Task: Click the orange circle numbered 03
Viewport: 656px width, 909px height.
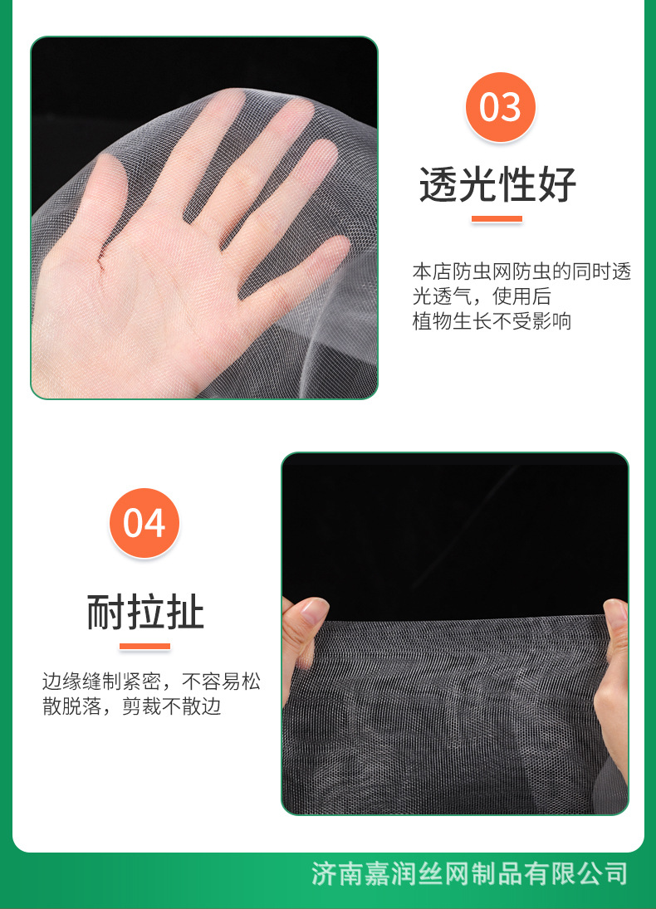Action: click(x=500, y=107)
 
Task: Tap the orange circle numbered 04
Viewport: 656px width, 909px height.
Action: click(x=144, y=523)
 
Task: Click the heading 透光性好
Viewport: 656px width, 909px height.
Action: click(x=497, y=183)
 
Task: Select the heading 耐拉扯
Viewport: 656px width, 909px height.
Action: click(x=145, y=613)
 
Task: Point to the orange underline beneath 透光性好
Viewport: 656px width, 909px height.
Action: click(x=497, y=219)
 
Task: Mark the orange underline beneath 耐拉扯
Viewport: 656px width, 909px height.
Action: click(x=144, y=646)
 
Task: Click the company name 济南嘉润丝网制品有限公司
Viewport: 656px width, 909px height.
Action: click(x=469, y=873)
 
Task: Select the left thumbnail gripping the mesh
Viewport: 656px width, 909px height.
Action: click(x=310, y=615)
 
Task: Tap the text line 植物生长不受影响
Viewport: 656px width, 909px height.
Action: click(x=492, y=321)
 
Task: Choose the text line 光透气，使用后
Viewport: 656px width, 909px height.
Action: click(x=482, y=296)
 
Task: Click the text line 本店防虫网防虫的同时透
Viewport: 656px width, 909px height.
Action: click(x=521, y=271)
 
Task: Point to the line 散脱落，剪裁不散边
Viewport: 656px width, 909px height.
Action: click(x=132, y=707)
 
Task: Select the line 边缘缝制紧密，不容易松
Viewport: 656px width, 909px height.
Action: click(x=151, y=682)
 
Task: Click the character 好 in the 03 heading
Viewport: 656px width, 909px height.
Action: click(x=556, y=183)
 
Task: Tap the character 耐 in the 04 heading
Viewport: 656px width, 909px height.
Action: click(x=105, y=613)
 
